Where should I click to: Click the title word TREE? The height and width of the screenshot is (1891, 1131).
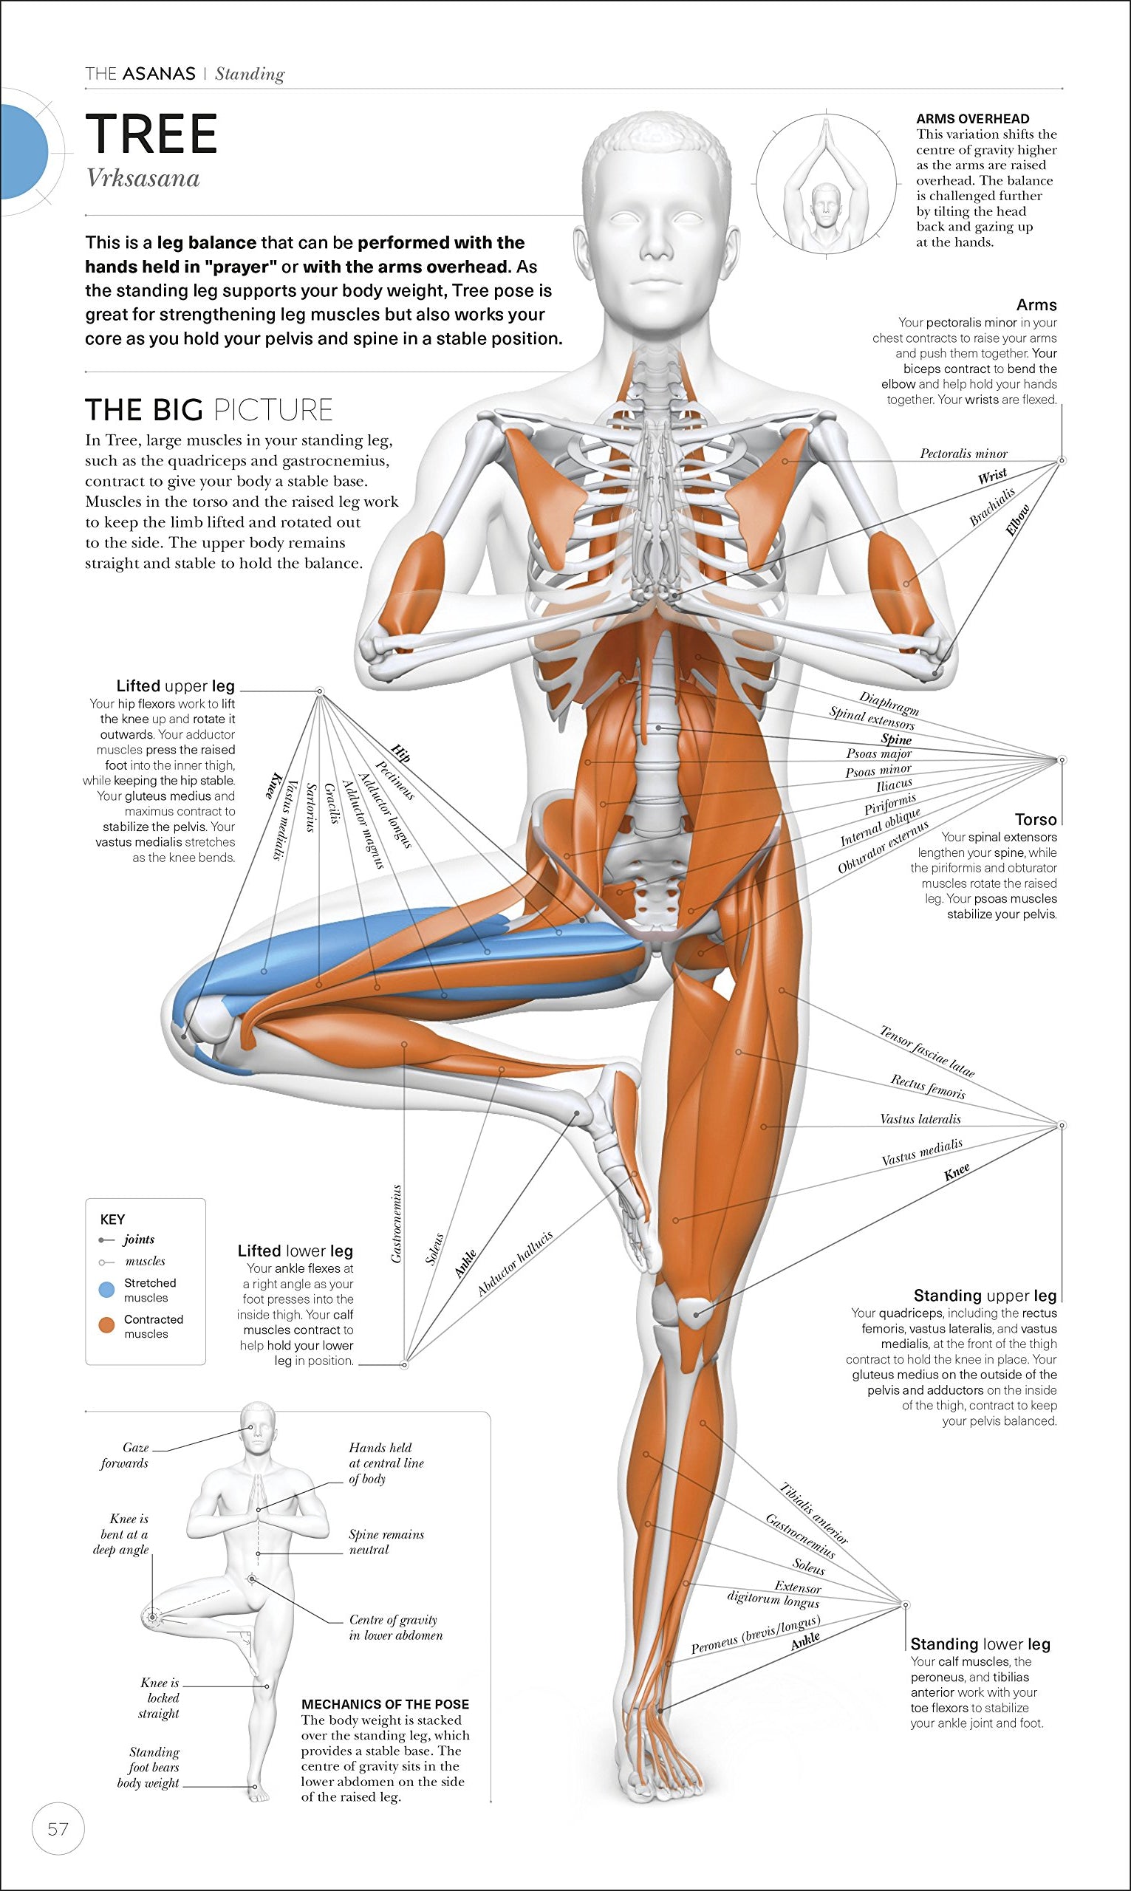[x=151, y=134]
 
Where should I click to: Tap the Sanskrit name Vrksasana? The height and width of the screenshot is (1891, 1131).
[x=143, y=178]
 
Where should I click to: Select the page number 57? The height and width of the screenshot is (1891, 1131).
[x=58, y=1828]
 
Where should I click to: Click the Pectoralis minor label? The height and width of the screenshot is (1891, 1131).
[x=963, y=454]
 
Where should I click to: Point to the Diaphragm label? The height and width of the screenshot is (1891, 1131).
[x=889, y=702]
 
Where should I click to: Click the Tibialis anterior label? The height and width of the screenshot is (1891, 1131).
[x=813, y=1513]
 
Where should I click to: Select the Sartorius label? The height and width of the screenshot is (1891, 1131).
[x=310, y=807]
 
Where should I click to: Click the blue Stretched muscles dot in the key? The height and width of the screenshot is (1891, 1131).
[x=106, y=1290]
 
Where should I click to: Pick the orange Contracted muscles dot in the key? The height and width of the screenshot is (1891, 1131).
[x=106, y=1326]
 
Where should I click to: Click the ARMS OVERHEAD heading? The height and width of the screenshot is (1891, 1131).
[x=972, y=119]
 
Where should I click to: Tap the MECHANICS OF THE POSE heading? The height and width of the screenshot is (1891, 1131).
[x=385, y=1704]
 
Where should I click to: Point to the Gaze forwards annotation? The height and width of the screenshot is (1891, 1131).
[x=126, y=1455]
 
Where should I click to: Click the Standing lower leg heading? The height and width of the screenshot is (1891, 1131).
[x=980, y=1644]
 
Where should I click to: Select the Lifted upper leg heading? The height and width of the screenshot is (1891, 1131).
[x=175, y=685]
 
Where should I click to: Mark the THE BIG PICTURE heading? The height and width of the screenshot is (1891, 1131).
[x=209, y=410]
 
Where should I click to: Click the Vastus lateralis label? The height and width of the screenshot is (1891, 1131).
[x=920, y=1119]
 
